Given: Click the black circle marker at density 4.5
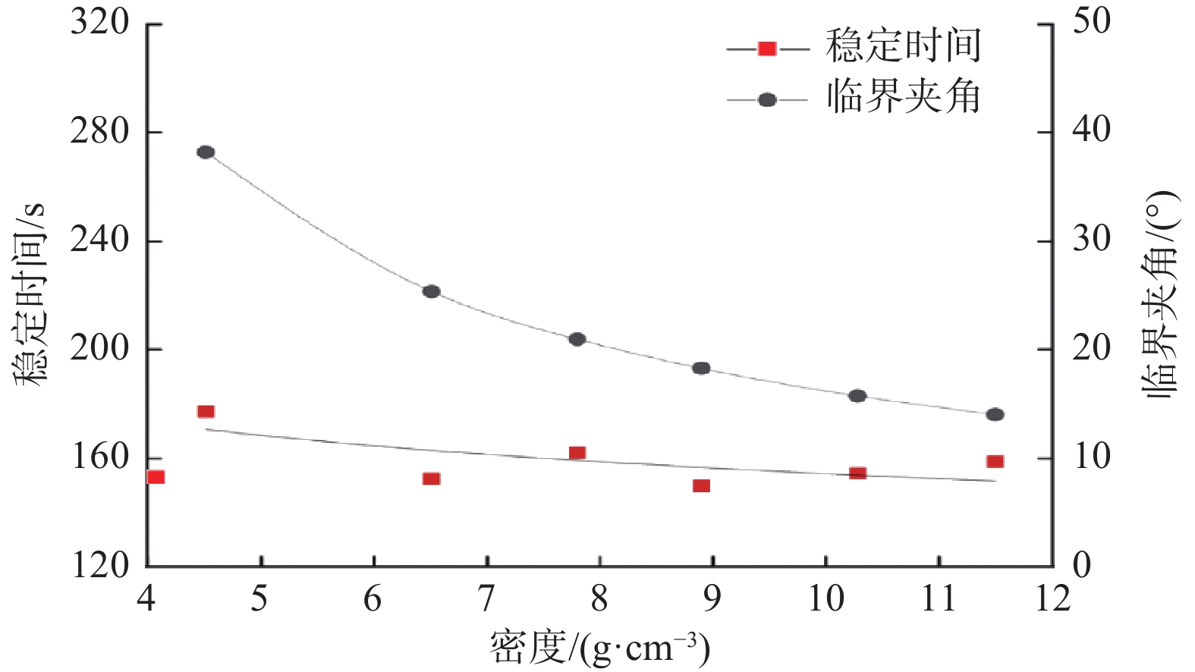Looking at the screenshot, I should coord(206,152).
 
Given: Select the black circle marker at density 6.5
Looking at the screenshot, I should coord(431,291).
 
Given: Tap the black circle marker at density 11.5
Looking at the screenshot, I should coord(995,414).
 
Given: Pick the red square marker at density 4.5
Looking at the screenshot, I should coord(206,412).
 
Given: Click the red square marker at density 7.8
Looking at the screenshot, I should coord(577,453).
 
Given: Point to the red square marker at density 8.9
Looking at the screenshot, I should coord(701,485).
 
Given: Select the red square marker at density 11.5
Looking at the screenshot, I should coord(995,461).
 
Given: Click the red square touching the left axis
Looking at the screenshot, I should coord(156,477).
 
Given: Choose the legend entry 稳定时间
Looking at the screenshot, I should coord(903,47).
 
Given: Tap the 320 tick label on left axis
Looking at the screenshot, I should coord(100,23).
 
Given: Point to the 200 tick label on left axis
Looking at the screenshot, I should coord(100,349).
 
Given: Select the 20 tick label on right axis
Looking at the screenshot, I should coord(1091,349).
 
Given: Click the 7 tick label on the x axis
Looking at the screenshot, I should coord(486,599).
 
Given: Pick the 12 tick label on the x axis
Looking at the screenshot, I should coord(1052,599).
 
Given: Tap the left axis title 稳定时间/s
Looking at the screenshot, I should coord(29,294).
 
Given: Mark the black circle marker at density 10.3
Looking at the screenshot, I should coord(857,396).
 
